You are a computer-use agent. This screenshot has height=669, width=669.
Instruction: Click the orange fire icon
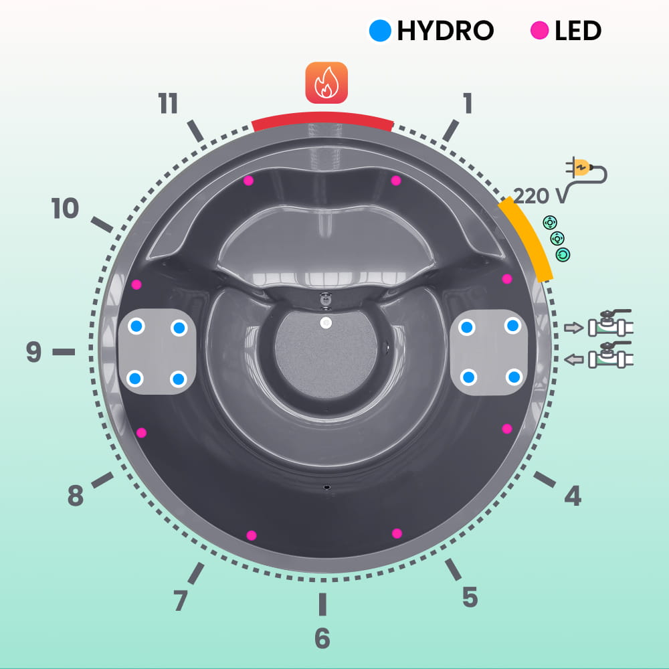tap(326, 83)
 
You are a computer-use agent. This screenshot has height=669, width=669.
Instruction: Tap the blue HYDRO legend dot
tap(380, 31)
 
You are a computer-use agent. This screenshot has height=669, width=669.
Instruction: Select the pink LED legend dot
tap(539, 31)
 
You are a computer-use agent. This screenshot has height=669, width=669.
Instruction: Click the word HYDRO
tap(446, 31)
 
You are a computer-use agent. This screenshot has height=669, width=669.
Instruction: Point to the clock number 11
tap(168, 103)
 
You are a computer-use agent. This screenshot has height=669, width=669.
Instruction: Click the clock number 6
tap(322, 638)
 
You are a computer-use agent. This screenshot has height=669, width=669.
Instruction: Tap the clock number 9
tap(33, 352)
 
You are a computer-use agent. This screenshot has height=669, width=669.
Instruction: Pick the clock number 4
tap(573, 496)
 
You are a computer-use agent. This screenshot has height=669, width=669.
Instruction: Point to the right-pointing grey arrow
tap(573, 328)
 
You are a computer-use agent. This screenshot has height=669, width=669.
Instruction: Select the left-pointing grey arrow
tap(573, 360)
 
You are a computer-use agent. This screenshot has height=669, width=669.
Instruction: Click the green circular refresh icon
tap(563, 255)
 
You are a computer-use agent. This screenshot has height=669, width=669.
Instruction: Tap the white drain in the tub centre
tap(326, 323)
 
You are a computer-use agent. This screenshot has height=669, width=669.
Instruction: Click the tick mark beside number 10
tap(102, 224)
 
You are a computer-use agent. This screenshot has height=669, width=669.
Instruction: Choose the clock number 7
tap(181, 600)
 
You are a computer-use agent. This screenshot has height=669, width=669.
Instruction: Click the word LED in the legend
tap(578, 31)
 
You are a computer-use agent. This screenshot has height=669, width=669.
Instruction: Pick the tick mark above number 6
tap(322, 604)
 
